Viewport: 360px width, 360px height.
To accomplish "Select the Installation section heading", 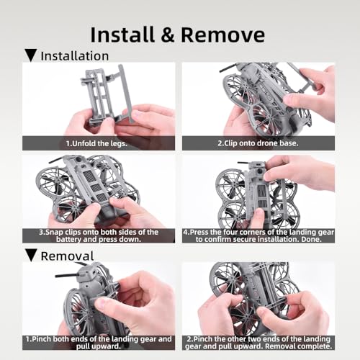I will click(74, 55).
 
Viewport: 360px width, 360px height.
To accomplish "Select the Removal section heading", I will click(66, 256).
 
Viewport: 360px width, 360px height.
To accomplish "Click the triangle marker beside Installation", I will click(31, 55).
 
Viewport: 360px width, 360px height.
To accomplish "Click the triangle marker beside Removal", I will click(31, 256).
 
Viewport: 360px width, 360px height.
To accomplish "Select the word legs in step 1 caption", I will click(132, 143).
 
